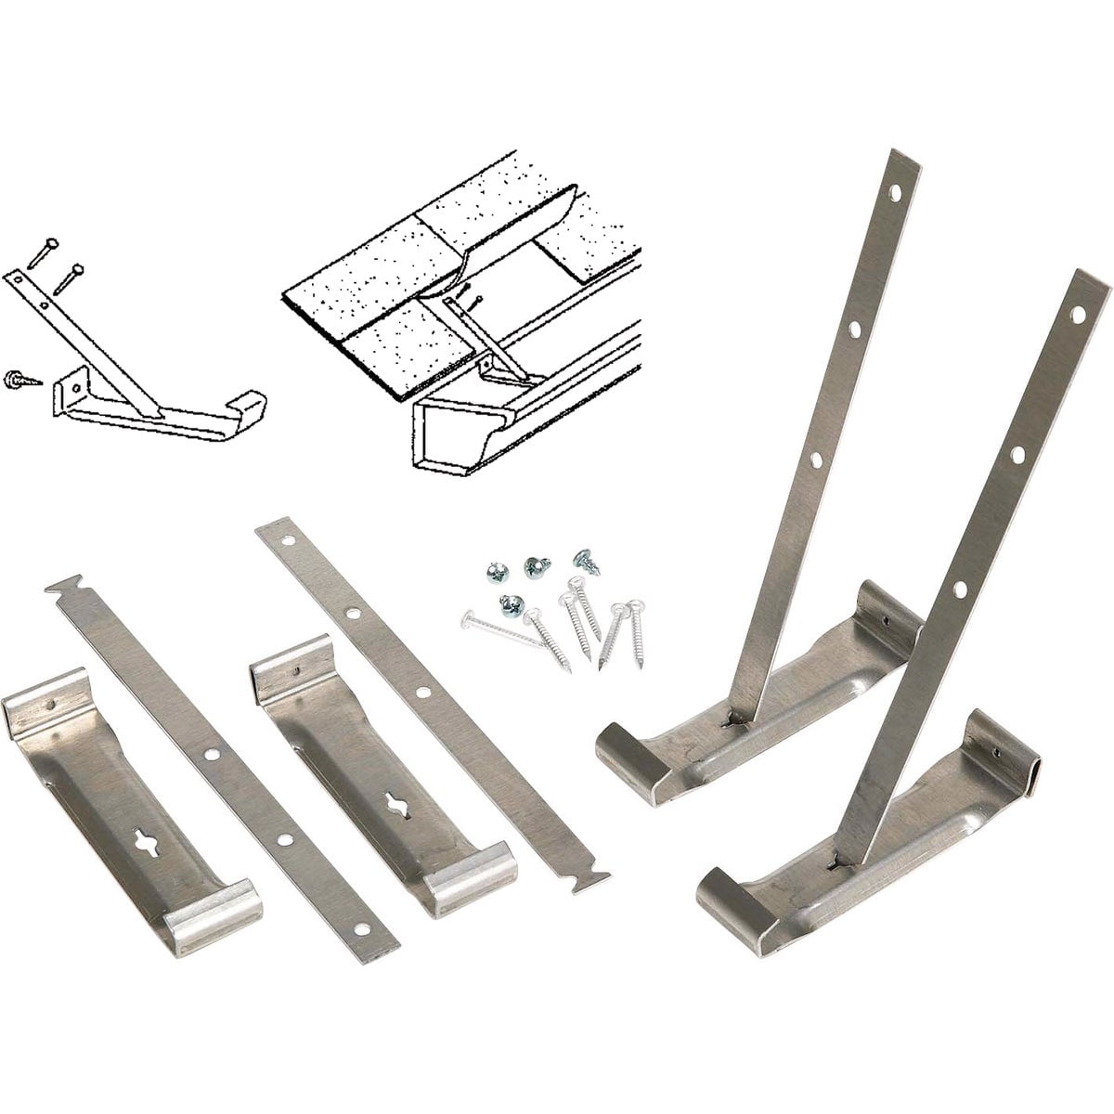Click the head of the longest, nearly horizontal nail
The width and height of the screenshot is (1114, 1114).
pyautogui.click(x=464, y=615)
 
